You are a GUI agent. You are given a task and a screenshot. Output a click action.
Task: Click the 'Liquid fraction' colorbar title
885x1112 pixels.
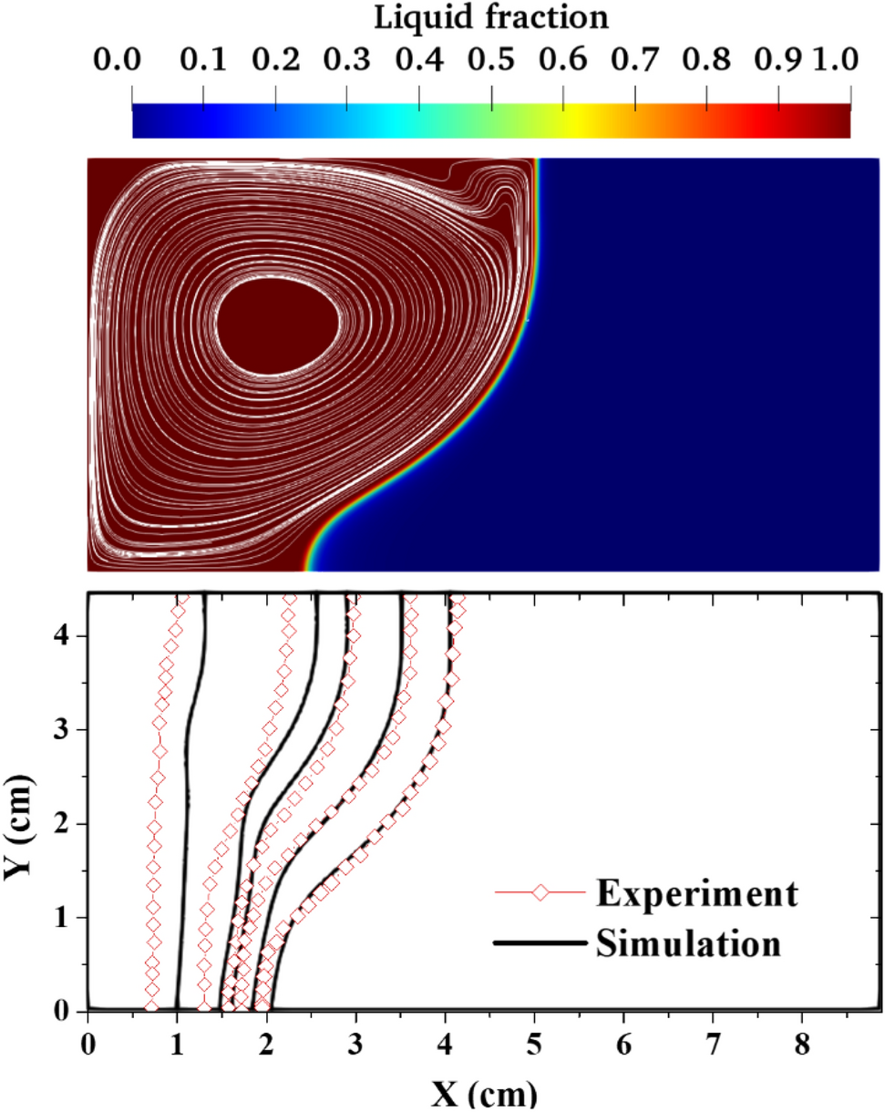(x=490, y=16)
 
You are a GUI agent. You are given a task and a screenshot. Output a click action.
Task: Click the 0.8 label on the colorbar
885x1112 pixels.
(x=706, y=60)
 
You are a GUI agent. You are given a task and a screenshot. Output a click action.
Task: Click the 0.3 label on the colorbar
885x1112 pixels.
(x=346, y=60)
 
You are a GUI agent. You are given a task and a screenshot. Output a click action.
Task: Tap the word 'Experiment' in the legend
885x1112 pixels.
(x=697, y=892)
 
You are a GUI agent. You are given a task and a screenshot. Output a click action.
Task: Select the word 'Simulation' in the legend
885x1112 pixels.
(x=690, y=942)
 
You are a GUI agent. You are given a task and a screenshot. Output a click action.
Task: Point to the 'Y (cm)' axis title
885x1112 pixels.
(x=17, y=802)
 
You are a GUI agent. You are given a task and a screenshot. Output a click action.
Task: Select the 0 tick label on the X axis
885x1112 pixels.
(x=87, y=1039)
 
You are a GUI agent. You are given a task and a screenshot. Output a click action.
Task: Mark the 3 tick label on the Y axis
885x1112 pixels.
(x=61, y=729)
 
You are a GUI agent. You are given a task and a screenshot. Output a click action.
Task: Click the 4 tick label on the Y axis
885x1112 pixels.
(x=61, y=635)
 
